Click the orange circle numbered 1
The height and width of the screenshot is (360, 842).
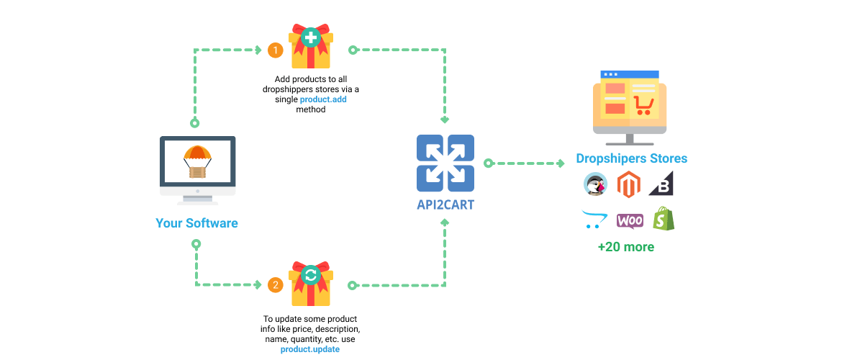click(x=275, y=50)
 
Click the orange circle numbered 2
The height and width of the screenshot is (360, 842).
click(x=275, y=285)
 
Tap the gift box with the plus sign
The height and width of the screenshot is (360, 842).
click(x=310, y=46)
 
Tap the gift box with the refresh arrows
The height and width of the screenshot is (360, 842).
click(x=310, y=282)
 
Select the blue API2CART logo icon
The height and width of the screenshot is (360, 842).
click(x=445, y=163)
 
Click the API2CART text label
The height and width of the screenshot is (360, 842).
click(x=445, y=204)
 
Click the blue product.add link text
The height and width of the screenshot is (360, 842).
click(x=323, y=99)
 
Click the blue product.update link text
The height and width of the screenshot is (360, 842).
click(x=310, y=349)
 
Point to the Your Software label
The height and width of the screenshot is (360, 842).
click(x=196, y=223)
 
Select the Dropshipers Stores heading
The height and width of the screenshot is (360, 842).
click(x=631, y=158)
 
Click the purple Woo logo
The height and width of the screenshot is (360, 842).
click(x=630, y=220)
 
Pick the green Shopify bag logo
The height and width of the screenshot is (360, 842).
click(x=663, y=219)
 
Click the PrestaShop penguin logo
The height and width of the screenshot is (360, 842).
click(x=596, y=185)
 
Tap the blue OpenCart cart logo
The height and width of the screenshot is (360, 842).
click(x=594, y=220)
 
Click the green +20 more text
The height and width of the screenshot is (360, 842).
click(x=626, y=247)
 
